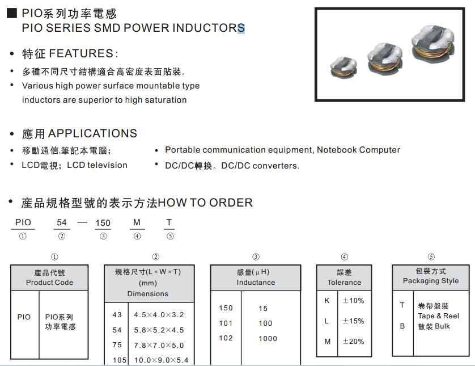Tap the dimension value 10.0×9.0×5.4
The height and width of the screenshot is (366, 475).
(161, 360)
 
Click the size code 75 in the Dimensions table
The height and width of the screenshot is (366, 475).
(117, 345)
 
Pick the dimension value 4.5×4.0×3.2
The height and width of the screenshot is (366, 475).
(159, 314)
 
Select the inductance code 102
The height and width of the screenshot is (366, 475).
(226, 338)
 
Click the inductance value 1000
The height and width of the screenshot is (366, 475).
(268, 338)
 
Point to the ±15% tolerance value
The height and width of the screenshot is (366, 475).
(353, 321)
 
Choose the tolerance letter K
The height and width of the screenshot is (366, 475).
(327, 300)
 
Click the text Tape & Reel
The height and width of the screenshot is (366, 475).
(439, 316)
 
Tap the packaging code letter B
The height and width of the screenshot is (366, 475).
(402, 326)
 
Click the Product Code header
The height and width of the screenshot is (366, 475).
(49, 282)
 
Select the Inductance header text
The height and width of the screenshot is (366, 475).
(256, 282)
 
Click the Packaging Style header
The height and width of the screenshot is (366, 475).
(431, 281)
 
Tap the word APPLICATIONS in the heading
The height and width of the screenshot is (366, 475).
(93, 133)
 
